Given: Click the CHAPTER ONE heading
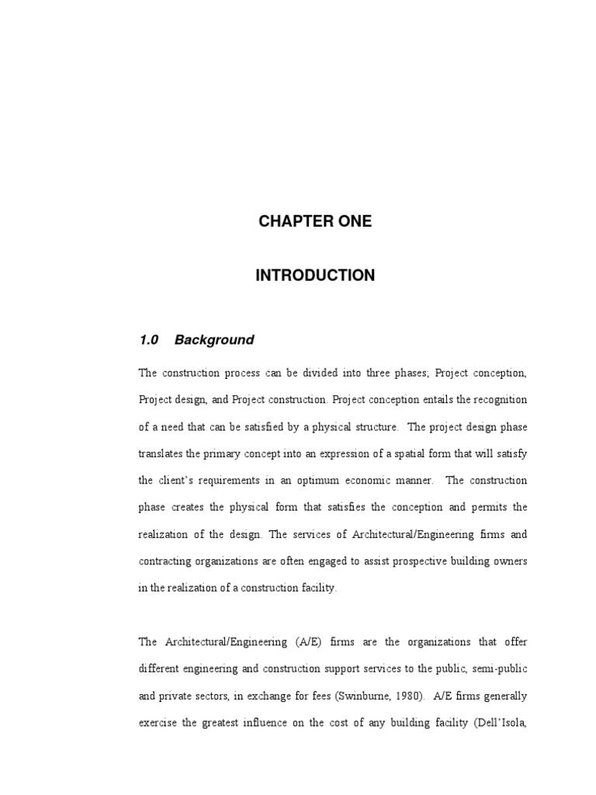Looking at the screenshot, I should point(315,221).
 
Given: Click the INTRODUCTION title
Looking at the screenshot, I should point(315,276).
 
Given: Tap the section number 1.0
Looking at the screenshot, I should point(149,340).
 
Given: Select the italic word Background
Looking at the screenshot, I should point(214,340).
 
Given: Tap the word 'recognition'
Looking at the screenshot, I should point(499,400).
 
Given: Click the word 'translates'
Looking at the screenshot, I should point(161,453).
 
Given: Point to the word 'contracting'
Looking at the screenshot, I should point(164,561).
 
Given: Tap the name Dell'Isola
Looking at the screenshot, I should point(501,722).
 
